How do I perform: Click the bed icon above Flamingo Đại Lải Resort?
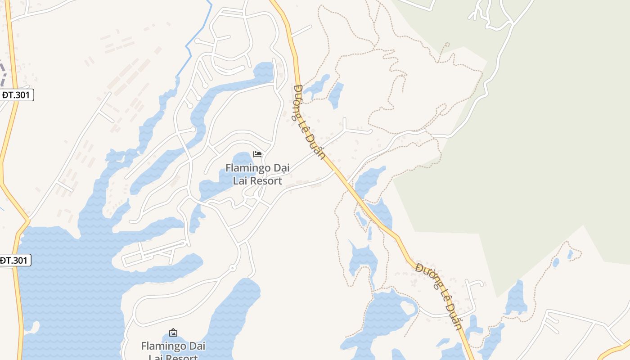pos(257,154)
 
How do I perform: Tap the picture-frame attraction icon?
pos(173,333)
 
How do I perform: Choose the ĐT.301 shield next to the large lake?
pos(15,260)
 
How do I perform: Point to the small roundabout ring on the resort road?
pos(232,268)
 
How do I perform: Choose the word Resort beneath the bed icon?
pos(266,181)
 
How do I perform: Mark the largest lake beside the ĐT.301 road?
pos(67,292)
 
